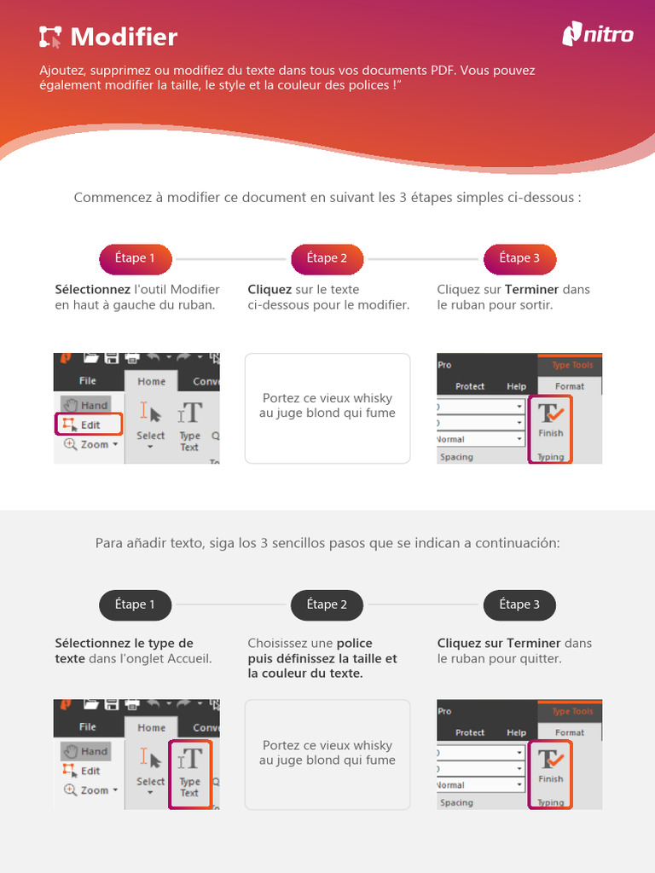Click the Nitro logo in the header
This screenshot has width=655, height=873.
point(598,34)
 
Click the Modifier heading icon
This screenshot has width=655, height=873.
point(50,37)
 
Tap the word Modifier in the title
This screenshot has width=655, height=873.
point(124,37)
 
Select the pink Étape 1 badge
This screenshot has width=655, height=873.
point(136,258)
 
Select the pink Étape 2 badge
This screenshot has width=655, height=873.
point(327,258)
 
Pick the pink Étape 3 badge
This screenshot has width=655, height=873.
point(519,258)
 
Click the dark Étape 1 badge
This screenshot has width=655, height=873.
point(136,604)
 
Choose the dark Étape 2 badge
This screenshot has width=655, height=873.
point(327,604)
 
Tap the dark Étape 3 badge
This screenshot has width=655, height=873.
point(519,604)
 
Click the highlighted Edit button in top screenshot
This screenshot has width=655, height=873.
point(90,424)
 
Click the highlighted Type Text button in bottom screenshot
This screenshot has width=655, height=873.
point(189,772)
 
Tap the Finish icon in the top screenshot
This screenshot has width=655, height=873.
point(550,419)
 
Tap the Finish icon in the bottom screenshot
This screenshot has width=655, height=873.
point(550,765)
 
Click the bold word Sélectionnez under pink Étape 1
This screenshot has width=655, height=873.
point(93,290)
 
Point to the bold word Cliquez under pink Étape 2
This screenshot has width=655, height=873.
point(270,290)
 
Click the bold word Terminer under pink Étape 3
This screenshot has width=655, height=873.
point(531,290)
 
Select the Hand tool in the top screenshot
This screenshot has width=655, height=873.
point(86,405)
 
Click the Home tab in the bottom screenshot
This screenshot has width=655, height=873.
point(151,727)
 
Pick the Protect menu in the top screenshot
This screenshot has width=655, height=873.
point(470,386)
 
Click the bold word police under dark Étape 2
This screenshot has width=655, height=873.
point(354,644)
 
